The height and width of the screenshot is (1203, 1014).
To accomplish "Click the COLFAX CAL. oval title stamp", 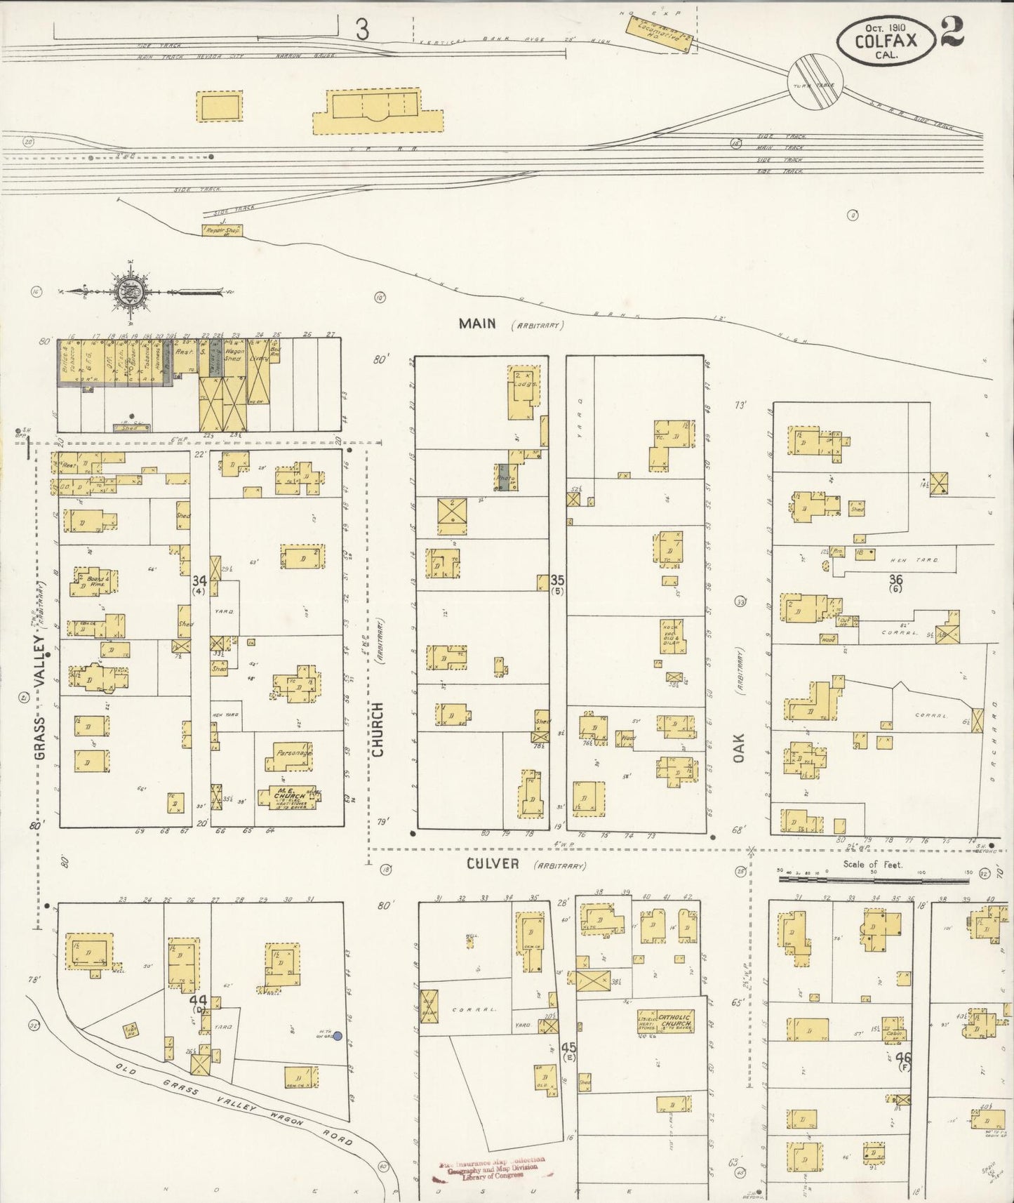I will (886, 41).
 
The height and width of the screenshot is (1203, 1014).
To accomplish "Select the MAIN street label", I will (477, 324).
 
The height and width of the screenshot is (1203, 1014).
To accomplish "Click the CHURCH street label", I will (378, 729).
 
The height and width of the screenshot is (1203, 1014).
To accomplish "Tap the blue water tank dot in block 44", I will (338, 1035).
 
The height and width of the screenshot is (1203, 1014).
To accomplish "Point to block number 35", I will (557, 580).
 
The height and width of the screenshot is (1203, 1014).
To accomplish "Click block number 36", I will (895, 579).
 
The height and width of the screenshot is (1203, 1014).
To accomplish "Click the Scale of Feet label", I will (873, 865).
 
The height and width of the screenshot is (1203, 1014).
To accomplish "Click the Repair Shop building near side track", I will (222, 230).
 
